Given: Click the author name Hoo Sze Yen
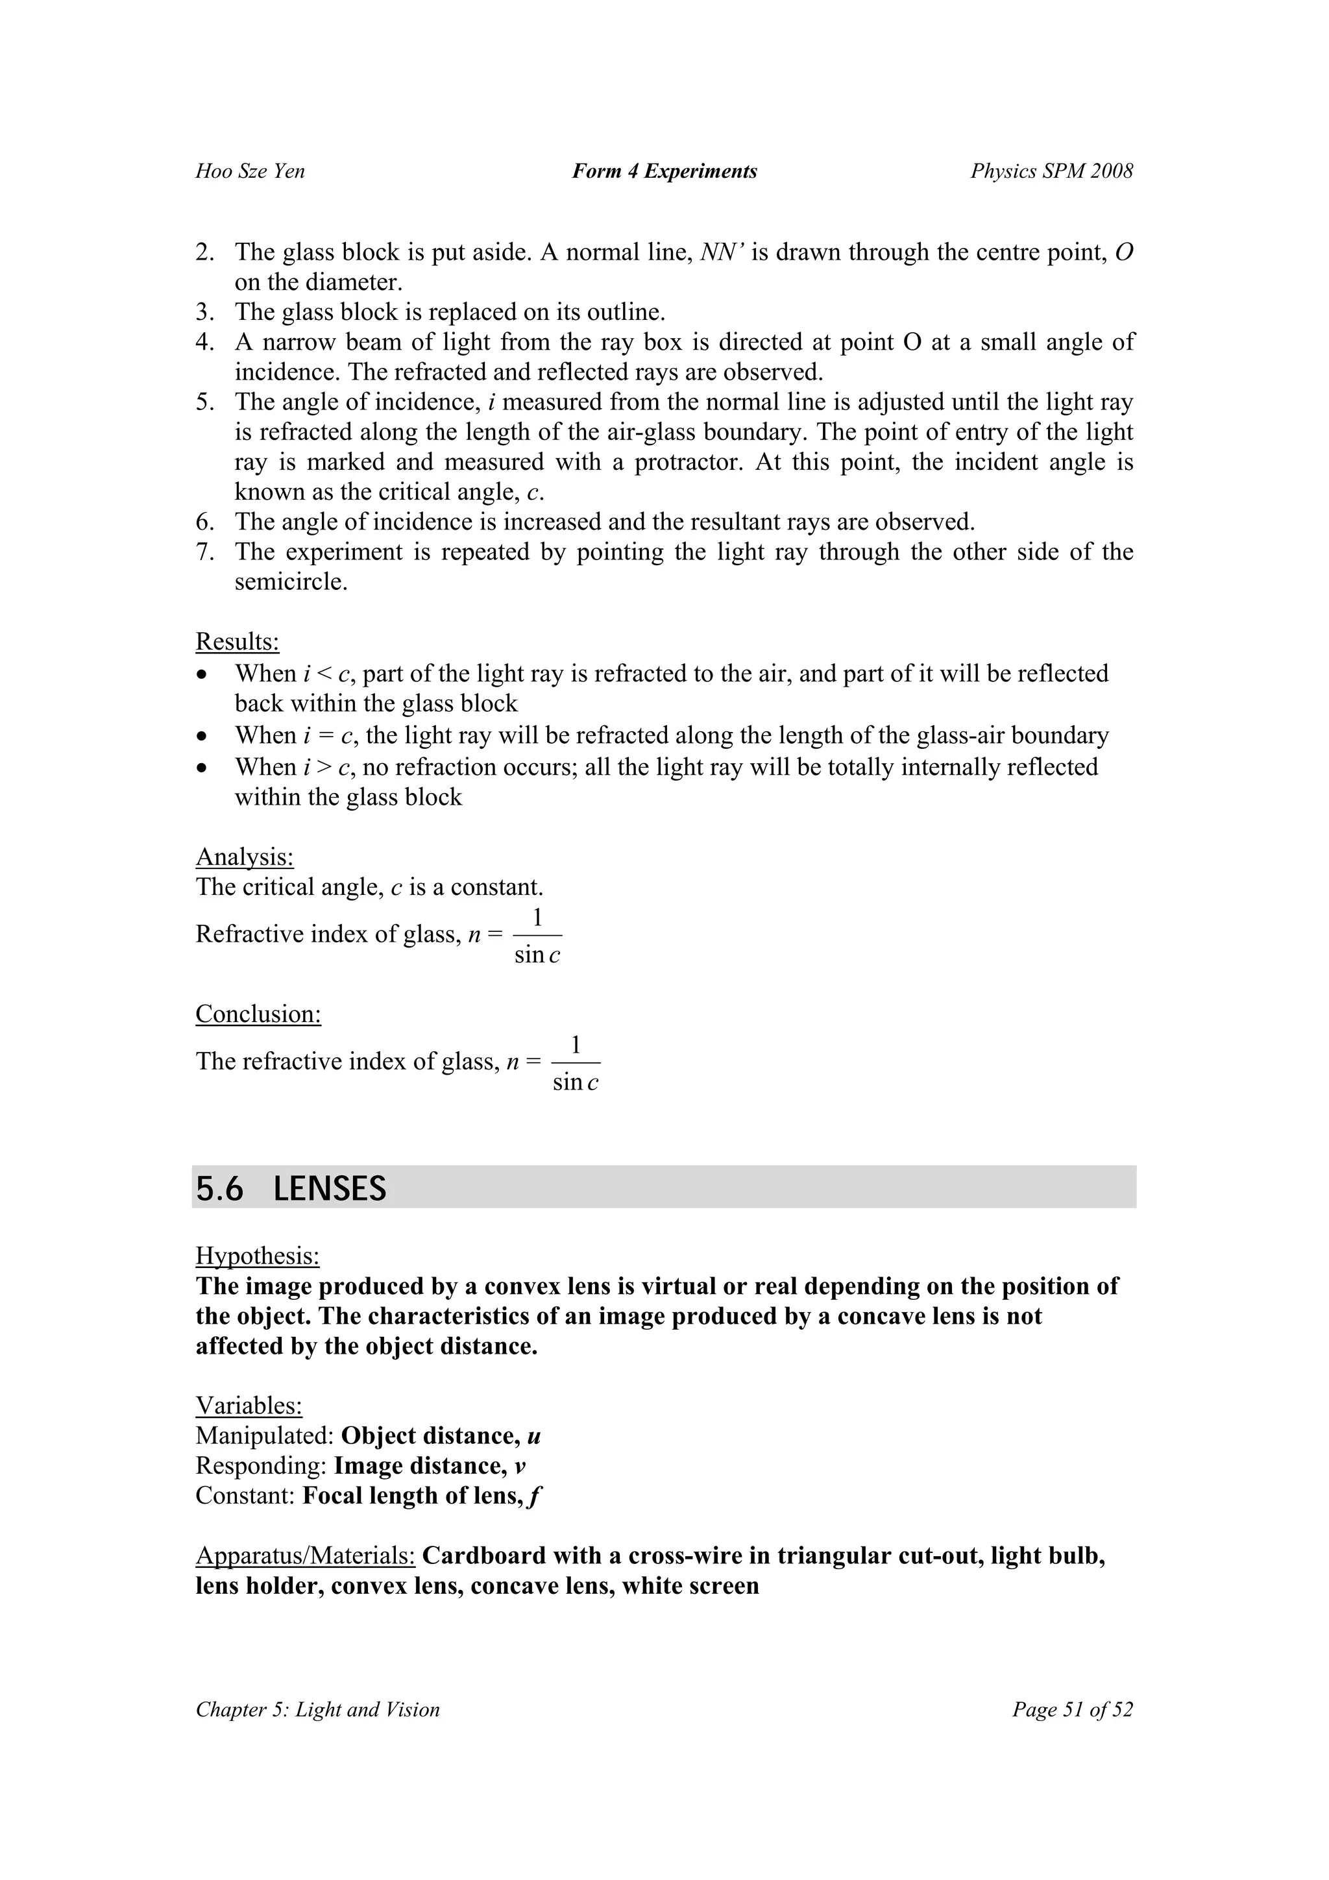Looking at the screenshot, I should coord(250,171).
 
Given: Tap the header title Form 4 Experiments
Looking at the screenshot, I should coord(664,171).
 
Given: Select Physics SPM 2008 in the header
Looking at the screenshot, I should coord(1051,171).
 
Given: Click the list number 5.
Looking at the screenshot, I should coord(204,402).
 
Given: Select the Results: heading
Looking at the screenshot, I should coord(238,641).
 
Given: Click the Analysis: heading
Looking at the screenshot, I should coord(244,857).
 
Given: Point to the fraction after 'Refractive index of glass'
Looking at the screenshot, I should coord(537,936).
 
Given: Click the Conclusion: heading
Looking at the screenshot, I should coord(258,1014).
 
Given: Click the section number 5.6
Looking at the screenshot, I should coord(219,1189).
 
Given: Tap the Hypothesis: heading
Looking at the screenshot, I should coord(257,1256).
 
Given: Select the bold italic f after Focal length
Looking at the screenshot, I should coord(535,1496).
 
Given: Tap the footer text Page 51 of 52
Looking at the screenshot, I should coord(1072,1710).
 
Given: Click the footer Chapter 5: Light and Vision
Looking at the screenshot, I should coord(318,1710).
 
